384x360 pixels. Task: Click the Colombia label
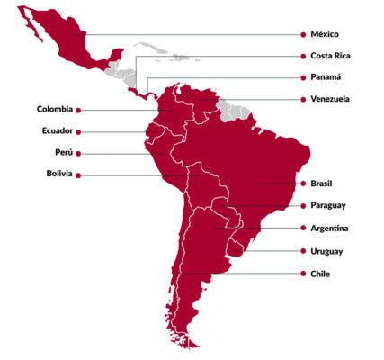point(54,109)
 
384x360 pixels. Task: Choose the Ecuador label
point(57,130)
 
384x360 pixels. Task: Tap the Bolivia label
point(58,174)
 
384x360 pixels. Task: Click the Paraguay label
point(330,205)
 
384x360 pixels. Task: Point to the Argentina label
point(331,228)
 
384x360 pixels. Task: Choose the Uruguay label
point(327,251)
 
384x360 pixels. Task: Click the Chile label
point(321,273)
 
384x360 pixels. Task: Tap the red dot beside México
point(302,36)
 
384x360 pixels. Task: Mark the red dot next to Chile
point(302,274)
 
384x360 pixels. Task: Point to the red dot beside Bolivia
point(78,175)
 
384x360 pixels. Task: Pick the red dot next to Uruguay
point(302,252)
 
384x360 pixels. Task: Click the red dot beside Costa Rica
point(302,58)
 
